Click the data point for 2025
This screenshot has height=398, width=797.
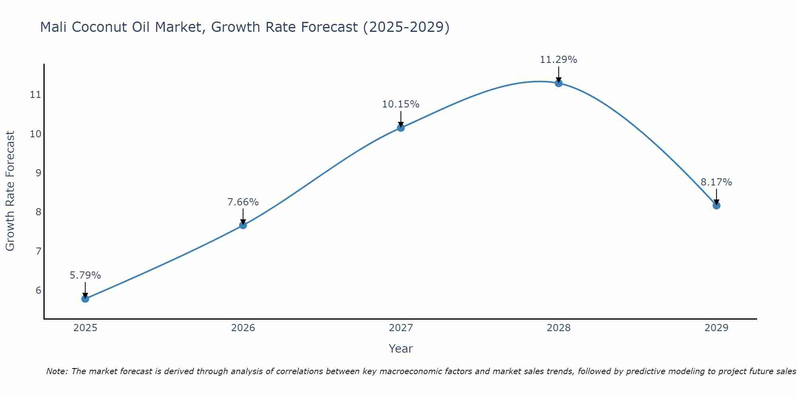pyautogui.click(x=85, y=298)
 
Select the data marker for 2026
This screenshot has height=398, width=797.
pyautogui.click(x=243, y=225)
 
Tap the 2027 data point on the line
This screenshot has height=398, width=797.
pyautogui.click(x=401, y=128)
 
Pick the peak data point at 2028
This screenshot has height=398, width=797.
pyautogui.click(x=559, y=83)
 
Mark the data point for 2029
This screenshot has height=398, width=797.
pyautogui.click(x=717, y=205)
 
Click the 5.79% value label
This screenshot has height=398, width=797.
pyautogui.click(x=85, y=275)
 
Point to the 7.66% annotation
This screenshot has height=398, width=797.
pyautogui.click(x=243, y=202)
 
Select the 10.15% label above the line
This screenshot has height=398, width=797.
pyautogui.click(x=401, y=104)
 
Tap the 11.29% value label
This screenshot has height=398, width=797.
pyautogui.click(x=559, y=60)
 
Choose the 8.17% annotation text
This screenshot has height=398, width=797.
pyautogui.click(x=717, y=182)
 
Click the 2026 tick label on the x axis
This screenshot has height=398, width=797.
pyautogui.click(x=243, y=328)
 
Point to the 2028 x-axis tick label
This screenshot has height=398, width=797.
pyautogui.click(x=559, y=328)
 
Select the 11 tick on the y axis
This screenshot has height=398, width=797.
pyautogui.click(x=35, y=95)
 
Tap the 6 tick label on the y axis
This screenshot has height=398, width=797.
pyautogui.click(x=38, y=290)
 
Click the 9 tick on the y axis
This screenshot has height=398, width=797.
pyautogui.click(x=38, y=173)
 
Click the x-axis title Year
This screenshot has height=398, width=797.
pyautogui.click(x=401, y=349)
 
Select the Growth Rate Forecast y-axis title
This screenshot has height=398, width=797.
pyautogui.click(x=10, y=191)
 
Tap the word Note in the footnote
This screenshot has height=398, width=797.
pyautogui.click(x=56, y=371)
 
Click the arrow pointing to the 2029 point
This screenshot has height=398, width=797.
pyautogui.click(x=717, y=197)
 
